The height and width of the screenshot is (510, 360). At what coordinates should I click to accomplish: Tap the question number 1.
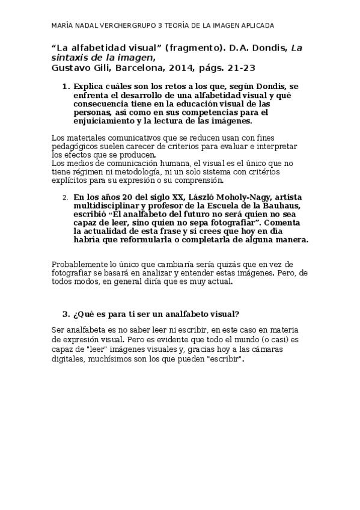pos(66,87)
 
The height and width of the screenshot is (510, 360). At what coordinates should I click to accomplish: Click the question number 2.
pos(66,197)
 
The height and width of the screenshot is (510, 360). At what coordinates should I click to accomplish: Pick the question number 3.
pos(66,314)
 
